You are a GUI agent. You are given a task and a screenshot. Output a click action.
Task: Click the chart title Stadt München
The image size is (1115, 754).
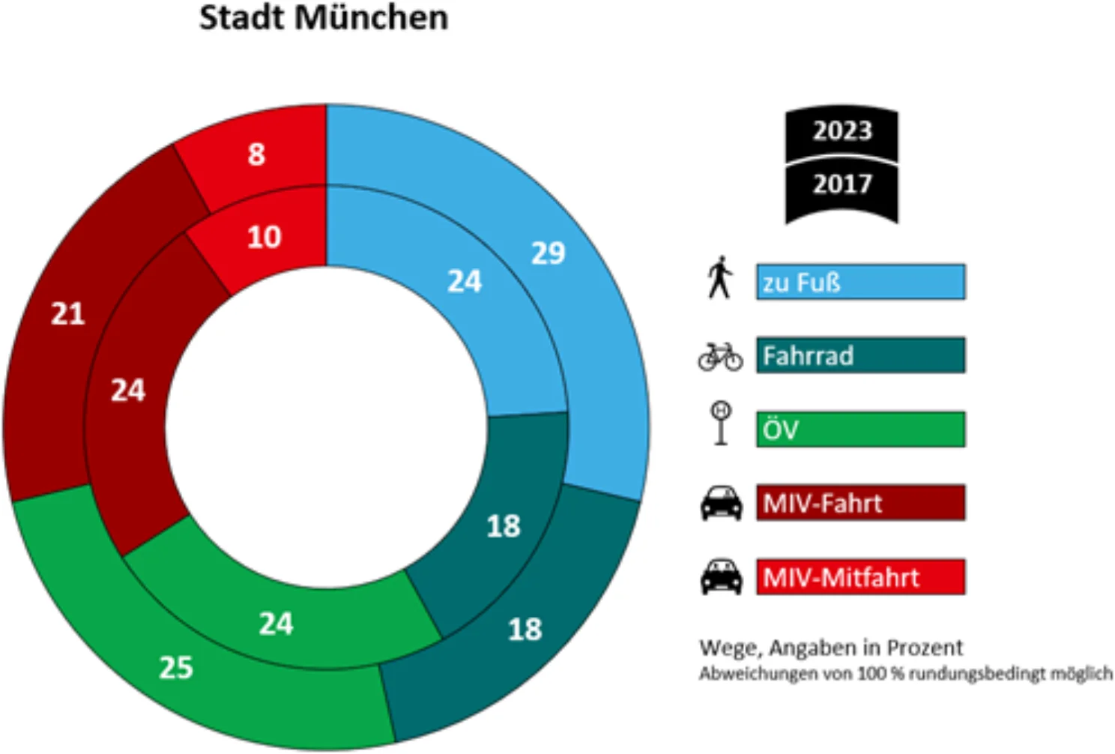[x=323, y=18]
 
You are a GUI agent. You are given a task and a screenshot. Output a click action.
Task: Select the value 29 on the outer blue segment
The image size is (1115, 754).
[x=548, y=253]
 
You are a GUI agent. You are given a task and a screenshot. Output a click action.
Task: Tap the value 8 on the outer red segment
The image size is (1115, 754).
[x=256, y=154]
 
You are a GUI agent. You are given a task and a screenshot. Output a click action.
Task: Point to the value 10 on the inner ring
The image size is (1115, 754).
[x=264, y=237]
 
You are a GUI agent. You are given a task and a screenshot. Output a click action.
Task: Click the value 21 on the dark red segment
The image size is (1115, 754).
[x=67, y=314]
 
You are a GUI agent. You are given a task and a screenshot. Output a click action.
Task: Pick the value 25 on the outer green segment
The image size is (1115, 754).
[x=176, y=667]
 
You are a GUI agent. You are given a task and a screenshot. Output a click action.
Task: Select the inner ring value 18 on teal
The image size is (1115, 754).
[x=503, y=526]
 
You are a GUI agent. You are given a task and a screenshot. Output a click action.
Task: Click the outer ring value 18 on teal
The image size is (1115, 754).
[x=525, y=630]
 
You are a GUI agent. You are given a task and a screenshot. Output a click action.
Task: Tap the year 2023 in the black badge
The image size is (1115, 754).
[x=842, y=131]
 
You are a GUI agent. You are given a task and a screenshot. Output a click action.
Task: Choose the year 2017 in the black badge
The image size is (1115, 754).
[x=842, y=184]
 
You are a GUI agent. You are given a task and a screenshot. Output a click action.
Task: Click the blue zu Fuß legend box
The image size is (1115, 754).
[x=860, y=282]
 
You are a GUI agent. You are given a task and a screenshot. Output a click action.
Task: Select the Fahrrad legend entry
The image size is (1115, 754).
[x=860, y=355]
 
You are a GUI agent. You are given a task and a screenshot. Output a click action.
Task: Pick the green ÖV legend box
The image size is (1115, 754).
[x=860, y=429]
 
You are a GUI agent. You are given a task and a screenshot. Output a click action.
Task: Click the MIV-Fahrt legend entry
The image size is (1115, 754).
[x=860, y=503]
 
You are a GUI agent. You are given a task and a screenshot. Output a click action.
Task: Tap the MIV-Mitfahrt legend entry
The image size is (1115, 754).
[x=860, y=577]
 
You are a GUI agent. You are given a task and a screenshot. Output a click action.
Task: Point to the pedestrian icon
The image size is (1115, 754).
[x=720, y=277]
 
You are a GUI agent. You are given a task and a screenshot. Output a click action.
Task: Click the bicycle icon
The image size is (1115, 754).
[x=720, y=356]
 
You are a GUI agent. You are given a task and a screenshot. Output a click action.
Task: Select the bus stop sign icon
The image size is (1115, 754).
[x=721, y=424]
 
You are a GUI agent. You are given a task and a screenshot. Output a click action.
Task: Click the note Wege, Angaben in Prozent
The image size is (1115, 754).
[x=830, y=648]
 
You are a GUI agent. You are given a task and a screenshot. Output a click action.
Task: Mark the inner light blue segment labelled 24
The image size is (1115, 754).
[x=465, y=282]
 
